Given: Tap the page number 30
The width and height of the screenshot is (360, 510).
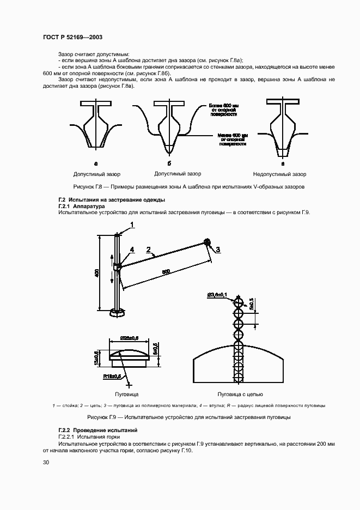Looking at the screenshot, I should (x=46, y=463).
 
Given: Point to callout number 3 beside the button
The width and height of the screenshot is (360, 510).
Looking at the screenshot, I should (x=218, y=250).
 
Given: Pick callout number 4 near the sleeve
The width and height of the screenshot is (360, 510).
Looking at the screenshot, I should (x=131, y=250).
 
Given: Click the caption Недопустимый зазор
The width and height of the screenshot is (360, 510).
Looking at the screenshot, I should (x=279, y=174).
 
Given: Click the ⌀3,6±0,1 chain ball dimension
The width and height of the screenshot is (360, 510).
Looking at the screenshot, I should (x=217, y=295).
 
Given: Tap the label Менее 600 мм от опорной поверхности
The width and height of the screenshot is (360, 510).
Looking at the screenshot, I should (x=233, y=139).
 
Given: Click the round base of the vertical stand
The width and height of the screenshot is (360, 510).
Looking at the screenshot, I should (x=117, y=313).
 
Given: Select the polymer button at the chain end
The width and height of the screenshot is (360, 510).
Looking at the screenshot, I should (x=207, y=241).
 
